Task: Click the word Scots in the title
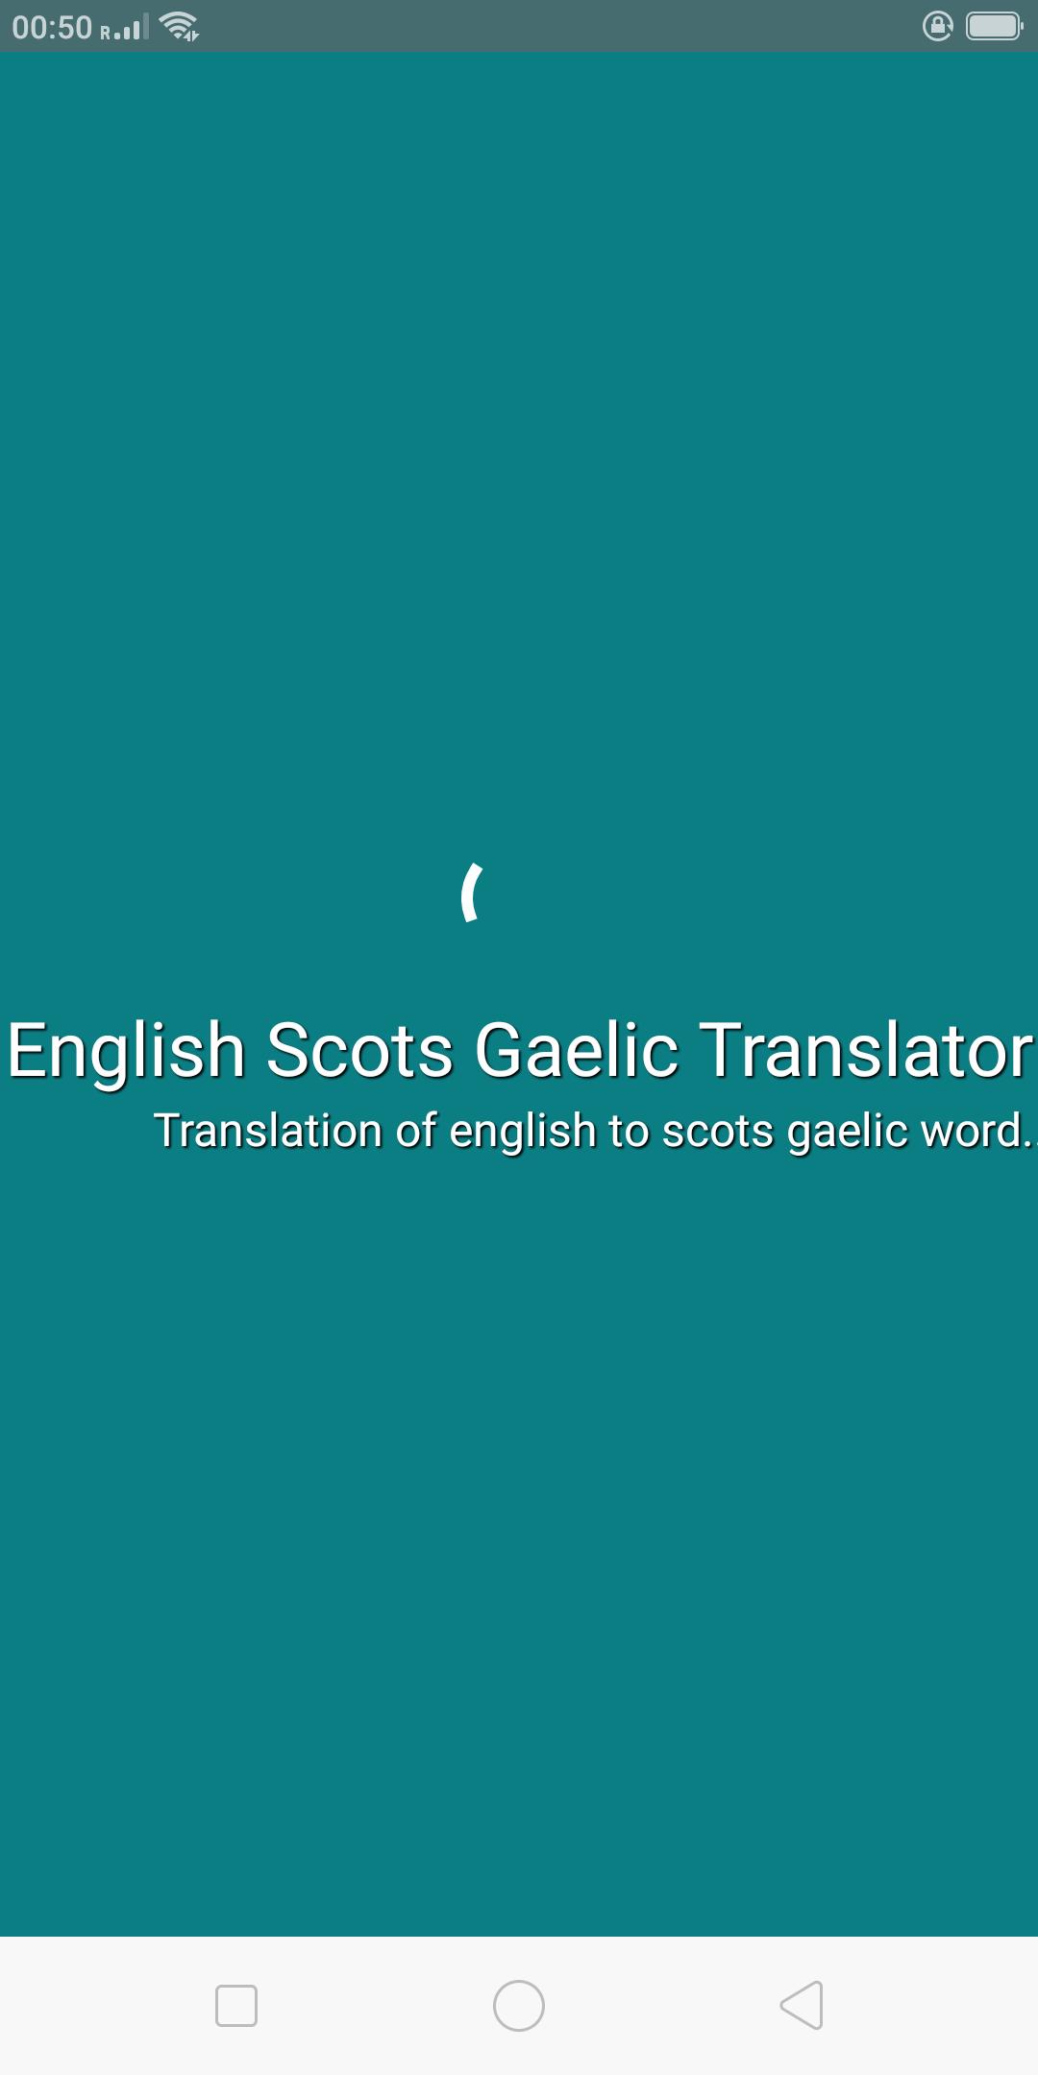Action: pyautogui.click(x=359, y=1050)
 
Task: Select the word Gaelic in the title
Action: pyautogui.click(x=577, y=1049)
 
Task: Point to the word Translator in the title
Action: pyautogui.click(x=866, y=1049)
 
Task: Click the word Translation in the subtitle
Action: pyautogui.click(x=268, y=1131)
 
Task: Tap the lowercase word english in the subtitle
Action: pyautogui.click(x=523, y=1133)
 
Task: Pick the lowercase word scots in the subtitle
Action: pyautogui.click(x=718, y=1133)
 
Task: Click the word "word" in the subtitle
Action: pyautogui.click(x=971, y=1131)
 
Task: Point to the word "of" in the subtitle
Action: pyautogui.click(x=416, y=1131)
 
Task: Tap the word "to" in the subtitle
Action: pyautogui.click(x=629, y=1132)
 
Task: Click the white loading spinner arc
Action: pyautogui.click(x=468, y=892)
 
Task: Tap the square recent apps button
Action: pyautogui.click(x=236, y=2006)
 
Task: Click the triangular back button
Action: pyautogui.click(x=803, y=2006)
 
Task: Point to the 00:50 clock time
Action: pyautogui.click(x=52, y=28)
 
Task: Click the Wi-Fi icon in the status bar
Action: pyautogui.click(x=180, y=27)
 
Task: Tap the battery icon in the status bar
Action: pyautogui.click(x=995, y=26)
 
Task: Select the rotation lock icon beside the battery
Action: pyautogui.click(x=938, y=26)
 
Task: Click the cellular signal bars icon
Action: pyautogui.click(x=126, y=28)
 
